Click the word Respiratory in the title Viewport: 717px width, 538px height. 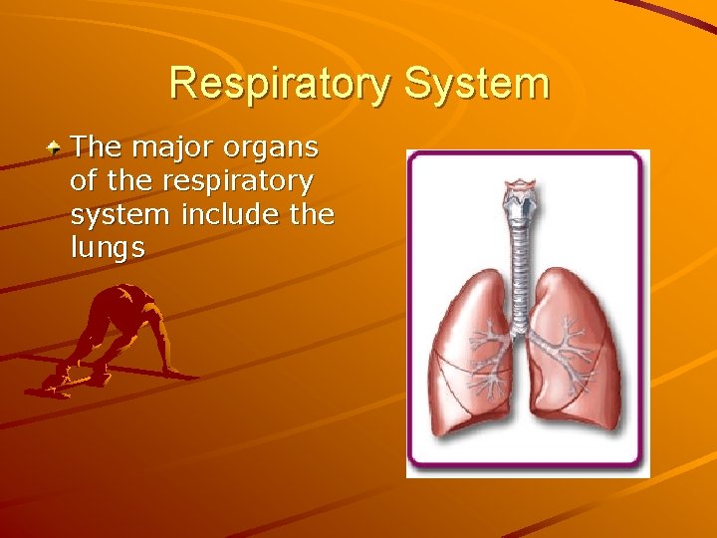tap(281, 84)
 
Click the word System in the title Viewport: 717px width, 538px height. tap(476, 84)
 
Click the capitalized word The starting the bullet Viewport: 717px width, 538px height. tap(96, 148)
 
